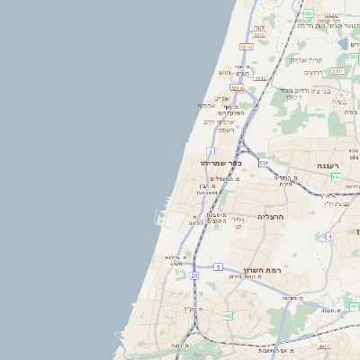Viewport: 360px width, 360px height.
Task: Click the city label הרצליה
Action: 271,217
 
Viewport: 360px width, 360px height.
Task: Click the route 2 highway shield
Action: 210,151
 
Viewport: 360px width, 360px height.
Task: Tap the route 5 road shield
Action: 218,267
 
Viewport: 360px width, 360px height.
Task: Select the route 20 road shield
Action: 193,275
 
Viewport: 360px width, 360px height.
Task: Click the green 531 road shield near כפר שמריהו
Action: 263,163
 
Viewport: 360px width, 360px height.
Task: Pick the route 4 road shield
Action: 330,236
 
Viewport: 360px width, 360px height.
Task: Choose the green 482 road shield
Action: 228,316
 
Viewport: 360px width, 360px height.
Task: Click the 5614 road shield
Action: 237,88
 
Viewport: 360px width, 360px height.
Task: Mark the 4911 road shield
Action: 324,345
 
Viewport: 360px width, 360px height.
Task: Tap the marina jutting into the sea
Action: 160,216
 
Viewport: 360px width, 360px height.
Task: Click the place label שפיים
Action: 222,98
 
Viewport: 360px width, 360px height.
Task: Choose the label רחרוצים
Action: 313,71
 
